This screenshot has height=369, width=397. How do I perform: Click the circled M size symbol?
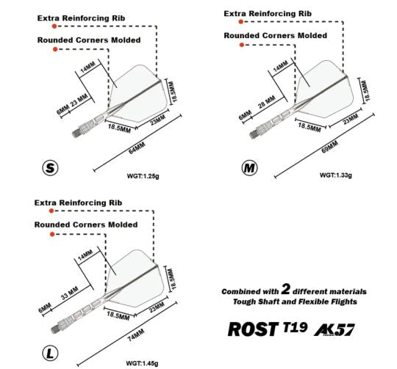249,168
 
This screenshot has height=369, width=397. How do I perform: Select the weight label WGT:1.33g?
336,175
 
